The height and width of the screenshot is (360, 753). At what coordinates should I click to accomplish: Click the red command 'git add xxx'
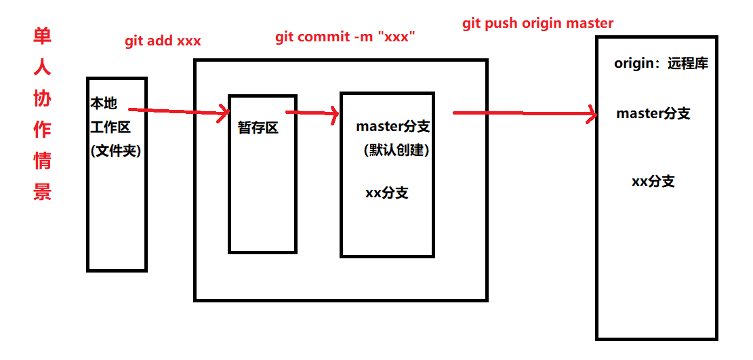coord(163,41)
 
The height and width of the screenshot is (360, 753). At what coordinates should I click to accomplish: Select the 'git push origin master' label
coord(538,23)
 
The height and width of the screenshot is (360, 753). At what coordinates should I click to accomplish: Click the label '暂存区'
coord(258,127)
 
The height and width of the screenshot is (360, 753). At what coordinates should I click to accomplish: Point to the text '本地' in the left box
coord(104,104)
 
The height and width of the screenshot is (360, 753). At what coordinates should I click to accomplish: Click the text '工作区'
coord(110,127)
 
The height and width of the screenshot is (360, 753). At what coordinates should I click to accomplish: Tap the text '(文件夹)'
coord(115,151)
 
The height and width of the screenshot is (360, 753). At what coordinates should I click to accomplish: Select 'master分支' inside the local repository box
coord(392,126)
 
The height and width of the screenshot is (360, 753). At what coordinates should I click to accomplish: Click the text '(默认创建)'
coord(396,150)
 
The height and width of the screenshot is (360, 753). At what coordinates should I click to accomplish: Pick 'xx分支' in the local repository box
coord(387,193)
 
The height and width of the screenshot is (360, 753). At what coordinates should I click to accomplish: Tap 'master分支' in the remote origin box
coord(653,113)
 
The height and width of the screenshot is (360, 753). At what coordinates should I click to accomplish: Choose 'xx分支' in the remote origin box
coord(653,181)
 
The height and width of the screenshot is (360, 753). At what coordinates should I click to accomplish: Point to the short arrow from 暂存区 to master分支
coord(312,113)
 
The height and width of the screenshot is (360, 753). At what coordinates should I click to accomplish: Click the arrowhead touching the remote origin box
coord(591,114)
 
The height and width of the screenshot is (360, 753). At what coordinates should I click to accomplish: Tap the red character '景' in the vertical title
coord(43,193)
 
